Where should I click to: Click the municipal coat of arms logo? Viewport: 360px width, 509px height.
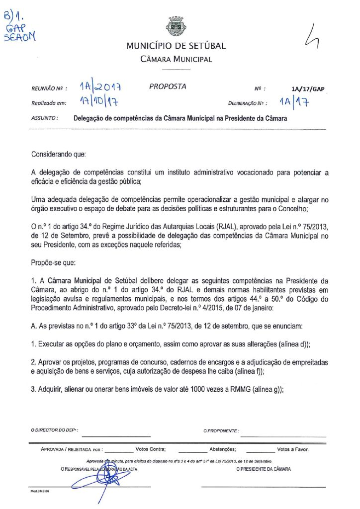[x=176, y=26]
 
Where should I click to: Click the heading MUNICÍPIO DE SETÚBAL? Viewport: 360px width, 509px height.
[x=176, y=46]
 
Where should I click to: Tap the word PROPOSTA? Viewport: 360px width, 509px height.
[x=168, y=86]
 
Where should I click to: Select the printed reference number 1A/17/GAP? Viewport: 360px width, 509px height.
[x=308, y=89]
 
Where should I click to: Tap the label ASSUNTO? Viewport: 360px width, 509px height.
[x=45, y=119]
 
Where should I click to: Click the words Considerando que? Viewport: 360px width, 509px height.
[x=59, y=155]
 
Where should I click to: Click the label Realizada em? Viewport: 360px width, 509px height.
[x=48, y=103]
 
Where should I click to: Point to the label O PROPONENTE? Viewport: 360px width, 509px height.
[x=221, y=430]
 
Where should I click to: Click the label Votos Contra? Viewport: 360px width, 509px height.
[x=150, y=449]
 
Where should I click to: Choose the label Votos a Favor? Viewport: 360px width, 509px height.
[x=293, y=449]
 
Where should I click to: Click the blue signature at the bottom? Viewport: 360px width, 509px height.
[x=99, y=480]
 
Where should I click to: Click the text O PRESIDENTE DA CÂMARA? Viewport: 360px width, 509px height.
[x=264, y=469]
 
